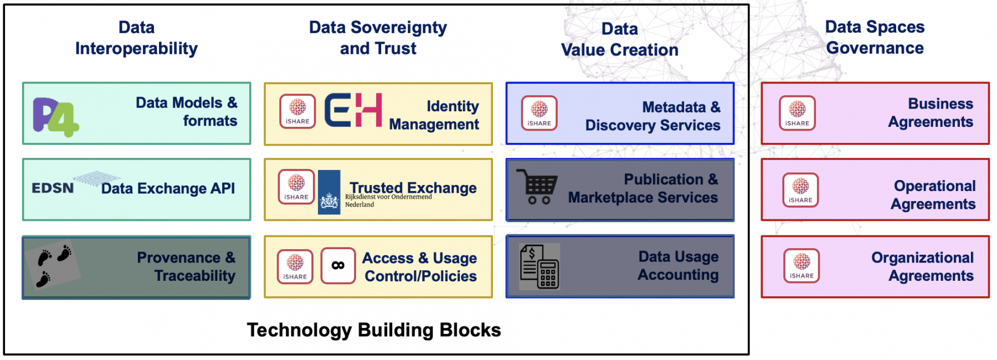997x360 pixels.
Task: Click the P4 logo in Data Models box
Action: pyautogui.click(x=56, y=117)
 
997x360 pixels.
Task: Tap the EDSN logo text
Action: pyautogui.click(x=53, y=188)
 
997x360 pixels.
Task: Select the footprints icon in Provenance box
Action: pyautogui.click(x=54, y=266)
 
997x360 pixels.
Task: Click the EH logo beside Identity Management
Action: pyautogui.click(x=353, y=110)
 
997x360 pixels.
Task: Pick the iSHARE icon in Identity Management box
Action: pyautogui.click(x=297, y=111)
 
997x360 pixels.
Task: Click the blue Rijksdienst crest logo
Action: pyautogui.click(x=329, y=192)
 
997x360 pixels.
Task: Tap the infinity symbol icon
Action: pyautogui.click(x=338, y=265)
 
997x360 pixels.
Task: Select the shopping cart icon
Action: pyautogui.click(x=537, y=187)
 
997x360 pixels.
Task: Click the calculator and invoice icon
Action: pyautogui.click(x=539, y=267)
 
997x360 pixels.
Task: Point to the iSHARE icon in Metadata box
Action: pyautogui.click(x=539, y=113)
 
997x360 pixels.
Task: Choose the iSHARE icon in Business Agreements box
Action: pyautogui.click(x=797, y=113)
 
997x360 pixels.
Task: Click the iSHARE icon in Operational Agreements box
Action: pyautogui.click(x=800, y=190)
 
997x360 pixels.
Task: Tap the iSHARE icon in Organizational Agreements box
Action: pyautogui.click(x=801, y=266)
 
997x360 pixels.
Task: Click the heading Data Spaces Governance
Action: pyautogui.click(x=875, y=37)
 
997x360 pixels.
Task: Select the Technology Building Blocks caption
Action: pyautogui.click(x=374, y=330)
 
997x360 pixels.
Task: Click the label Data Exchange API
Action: pyautogui.click(x=168, y=189)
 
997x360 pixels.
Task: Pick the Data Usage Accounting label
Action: pyautogui.click(x=678, y=266)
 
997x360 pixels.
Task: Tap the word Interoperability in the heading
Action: pyautogui.click(x=136, y=49)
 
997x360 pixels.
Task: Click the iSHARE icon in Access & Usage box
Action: pyautogui.click(x=295, y=266)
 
